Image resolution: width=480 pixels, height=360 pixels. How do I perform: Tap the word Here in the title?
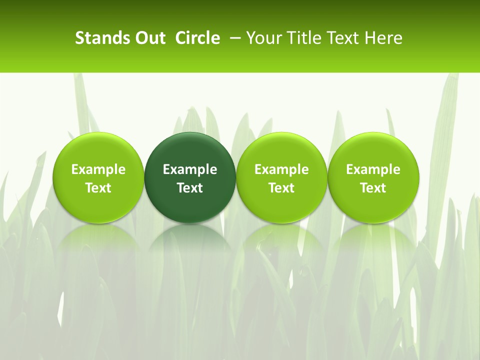tap(383, 38)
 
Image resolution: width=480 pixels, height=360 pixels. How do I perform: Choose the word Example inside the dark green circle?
tap(190, 169)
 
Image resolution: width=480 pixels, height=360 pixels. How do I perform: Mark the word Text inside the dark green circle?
tap(190, 188)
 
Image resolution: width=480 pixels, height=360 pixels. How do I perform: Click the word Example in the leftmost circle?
tap(98, 169)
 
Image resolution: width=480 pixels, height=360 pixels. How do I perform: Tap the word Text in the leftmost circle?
tap(98, 188)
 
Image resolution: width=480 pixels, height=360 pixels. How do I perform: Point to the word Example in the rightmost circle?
tap(373, 169)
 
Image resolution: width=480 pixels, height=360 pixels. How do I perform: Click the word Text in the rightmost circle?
tap(373, 188)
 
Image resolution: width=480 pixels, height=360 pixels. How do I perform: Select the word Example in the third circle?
tap(281, 169)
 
